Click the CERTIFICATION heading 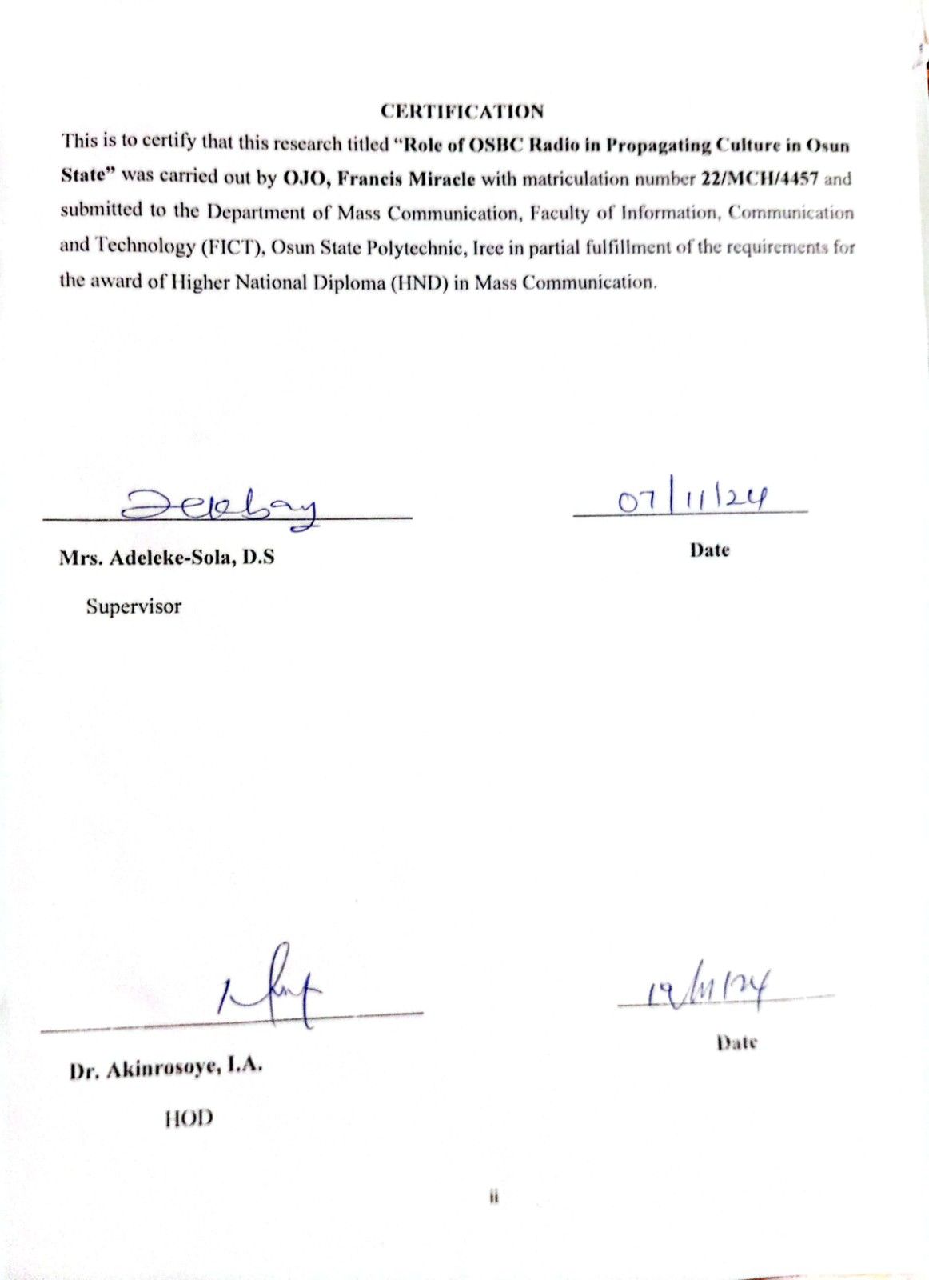coord(462,111)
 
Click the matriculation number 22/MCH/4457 coord(759,178)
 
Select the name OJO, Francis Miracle coord(379,178)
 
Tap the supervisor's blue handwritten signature coord(219,507)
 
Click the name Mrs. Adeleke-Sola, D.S coord(166,558)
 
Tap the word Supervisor coord(134,606)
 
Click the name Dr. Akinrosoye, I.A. coord(166,1069)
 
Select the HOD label coord(189,1118)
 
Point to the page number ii coord(493,1198)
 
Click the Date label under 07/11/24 coord(710,550)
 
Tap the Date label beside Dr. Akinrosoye coord(736,1042)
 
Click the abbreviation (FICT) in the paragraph coord(231,247)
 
